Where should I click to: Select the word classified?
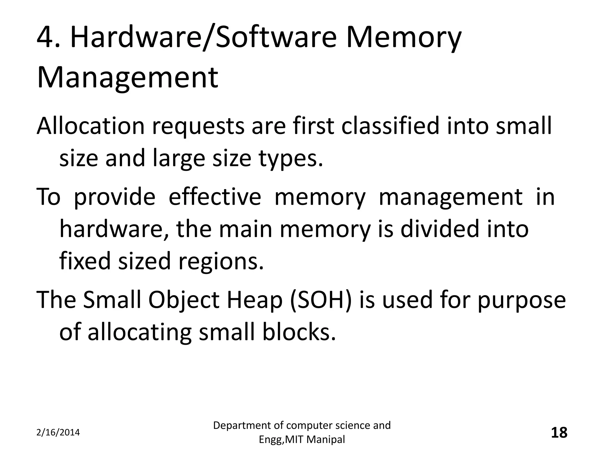click(390, 126)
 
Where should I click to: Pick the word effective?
click(215, 197)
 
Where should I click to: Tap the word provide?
click(114, 197)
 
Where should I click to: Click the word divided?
click(440, 229)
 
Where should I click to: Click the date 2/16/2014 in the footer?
click(58, 433)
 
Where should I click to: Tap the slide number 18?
click(559, 433)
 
